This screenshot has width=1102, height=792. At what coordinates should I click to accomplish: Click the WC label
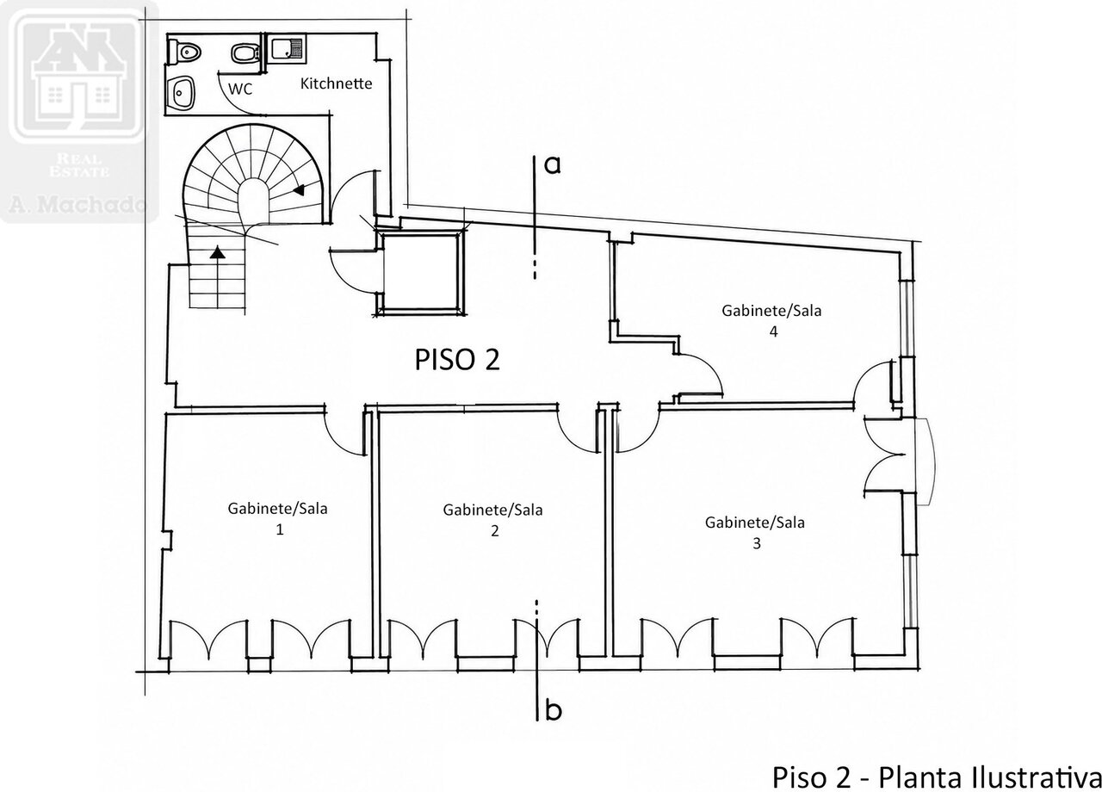240,89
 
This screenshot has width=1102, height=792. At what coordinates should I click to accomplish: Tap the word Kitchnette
336,84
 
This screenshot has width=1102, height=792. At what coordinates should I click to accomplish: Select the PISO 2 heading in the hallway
457,360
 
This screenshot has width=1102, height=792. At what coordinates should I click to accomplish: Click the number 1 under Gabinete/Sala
280,529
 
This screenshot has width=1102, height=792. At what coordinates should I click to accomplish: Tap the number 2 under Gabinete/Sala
495,531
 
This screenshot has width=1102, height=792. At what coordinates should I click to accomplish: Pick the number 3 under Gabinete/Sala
757,543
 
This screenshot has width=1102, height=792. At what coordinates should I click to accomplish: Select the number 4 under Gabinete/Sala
773,332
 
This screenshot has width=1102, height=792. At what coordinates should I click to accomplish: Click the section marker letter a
553,166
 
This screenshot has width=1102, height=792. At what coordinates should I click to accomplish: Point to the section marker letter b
554,710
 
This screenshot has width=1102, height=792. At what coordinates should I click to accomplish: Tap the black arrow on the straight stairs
218,252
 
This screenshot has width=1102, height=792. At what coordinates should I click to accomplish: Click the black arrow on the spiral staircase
299,189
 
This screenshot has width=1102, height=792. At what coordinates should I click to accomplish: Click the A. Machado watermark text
77,204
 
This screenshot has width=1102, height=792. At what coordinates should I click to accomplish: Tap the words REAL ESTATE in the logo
78,165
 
